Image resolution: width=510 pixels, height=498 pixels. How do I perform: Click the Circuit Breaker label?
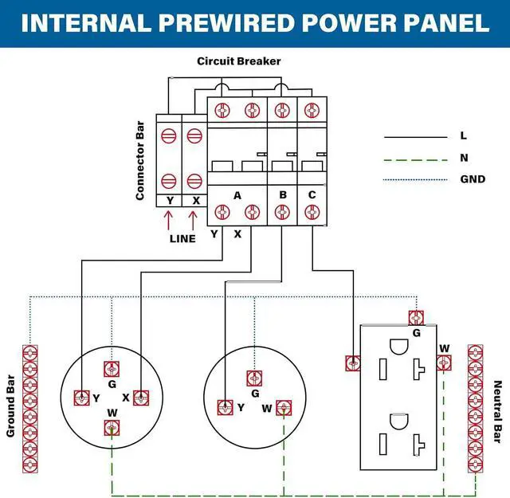pyautogui.click(x=238, y=61)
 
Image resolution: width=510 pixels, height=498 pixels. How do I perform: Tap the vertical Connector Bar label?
pyautogui.click(x=140, y=160)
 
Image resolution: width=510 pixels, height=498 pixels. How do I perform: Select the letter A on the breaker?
pyautogui.click(x=237, y=194)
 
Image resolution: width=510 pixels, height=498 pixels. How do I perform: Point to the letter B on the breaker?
pyautogui.click(x=282, y=194)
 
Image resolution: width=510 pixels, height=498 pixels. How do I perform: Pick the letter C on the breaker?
pyautogui.click(x=311, y=194)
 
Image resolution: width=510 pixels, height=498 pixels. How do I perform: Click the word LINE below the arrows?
pyautogui.click(x=182, y=237)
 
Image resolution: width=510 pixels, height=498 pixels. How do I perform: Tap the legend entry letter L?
pyautogui.click(x=464, y=136)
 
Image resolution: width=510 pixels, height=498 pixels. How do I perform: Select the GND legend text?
pyautogui.click(x=473, y=178)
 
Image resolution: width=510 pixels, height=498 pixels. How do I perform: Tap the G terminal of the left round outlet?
pyautogui.click(x=112, y=368)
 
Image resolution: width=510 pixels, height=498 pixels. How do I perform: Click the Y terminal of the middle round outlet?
pyautogui.click(x=225, y=407)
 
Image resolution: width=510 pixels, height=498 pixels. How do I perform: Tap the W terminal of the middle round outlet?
pyautogui.click(x=283, y=408)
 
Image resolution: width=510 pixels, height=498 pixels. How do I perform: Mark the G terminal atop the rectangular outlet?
pyautogui.click(x=414, y=317)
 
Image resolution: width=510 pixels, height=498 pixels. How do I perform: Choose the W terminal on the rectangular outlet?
pyautogui.click(x=445, y=363)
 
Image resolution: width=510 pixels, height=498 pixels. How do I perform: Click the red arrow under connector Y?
pyautogui.click(x=169, y=219)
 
